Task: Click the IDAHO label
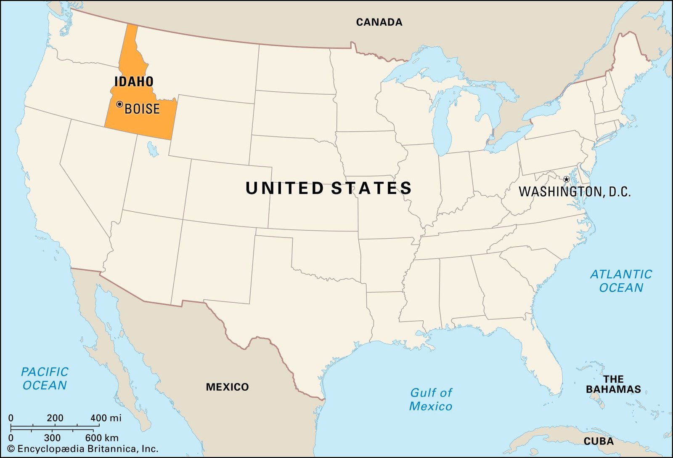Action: click(x=134, y=82)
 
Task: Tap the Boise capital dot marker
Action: click(x=119, y=104)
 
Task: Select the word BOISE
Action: click(x=142, y=109)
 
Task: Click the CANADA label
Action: click(x=379, y=22)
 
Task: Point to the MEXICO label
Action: click(x=227, y=387)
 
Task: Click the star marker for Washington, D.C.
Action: click(x=566, y=179)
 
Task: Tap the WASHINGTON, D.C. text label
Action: click(x=575, y=192)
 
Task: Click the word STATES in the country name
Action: click(x=371, y=188)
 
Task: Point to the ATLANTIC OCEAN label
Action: click(x=621, y=281)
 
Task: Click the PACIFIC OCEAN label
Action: click(x=45, y=378)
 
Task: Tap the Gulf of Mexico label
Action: click(x=431, y=399)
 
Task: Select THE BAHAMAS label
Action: click(x=613, y=384)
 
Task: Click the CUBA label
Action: click(x=599, y=442)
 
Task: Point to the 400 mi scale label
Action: click(x=106, y=418)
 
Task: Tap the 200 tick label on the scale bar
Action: click(x=55, y=418)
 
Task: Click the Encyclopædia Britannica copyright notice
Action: click(x=82, y=449)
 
